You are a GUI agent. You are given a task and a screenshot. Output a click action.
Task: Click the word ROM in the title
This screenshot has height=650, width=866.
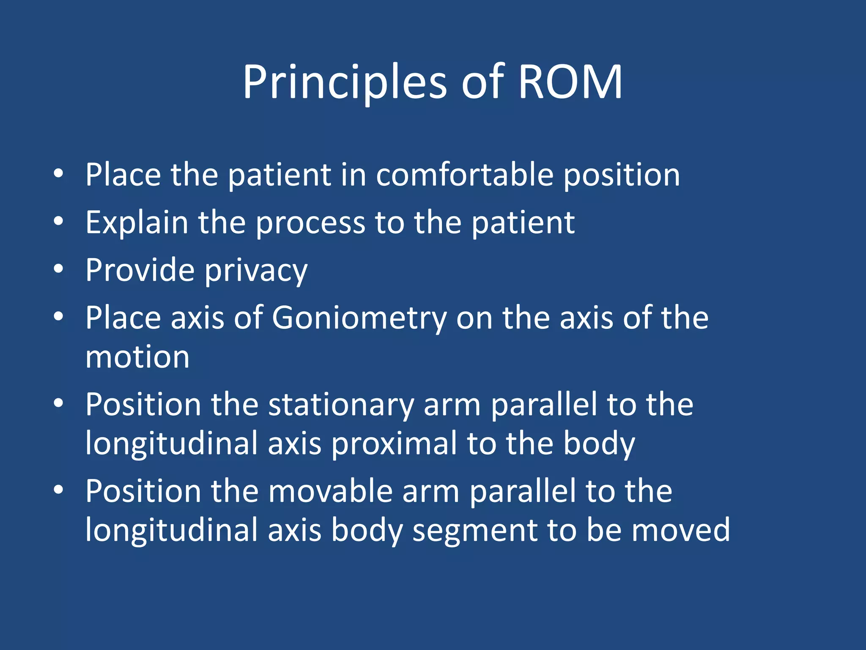(x=570, y=82)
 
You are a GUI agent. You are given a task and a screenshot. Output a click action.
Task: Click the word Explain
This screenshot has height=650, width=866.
(x=137, y=223)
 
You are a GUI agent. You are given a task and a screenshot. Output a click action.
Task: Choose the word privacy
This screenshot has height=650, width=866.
(x=256, y=271)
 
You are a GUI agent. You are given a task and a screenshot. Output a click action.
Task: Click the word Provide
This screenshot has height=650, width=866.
(x=140, y=270)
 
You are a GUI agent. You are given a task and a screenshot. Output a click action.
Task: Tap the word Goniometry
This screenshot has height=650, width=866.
(x=359, y=318)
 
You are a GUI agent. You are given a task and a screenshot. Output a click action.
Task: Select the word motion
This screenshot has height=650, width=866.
(x=137, y=357)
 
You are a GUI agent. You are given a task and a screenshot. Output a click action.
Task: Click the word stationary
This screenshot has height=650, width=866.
(x=341, y=405)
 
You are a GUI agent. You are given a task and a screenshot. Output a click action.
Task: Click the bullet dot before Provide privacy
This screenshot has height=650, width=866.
(x=58, y=269)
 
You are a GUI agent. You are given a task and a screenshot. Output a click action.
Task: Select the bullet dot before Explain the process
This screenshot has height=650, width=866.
(x=58, y=221)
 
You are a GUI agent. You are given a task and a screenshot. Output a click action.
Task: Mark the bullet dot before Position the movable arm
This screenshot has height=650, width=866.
(x=58, y=490)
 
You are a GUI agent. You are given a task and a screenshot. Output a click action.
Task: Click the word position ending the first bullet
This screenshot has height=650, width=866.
(x=622, y=175)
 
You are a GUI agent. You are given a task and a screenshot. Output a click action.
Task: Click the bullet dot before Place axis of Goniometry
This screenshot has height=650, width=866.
(x=58, y=317)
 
